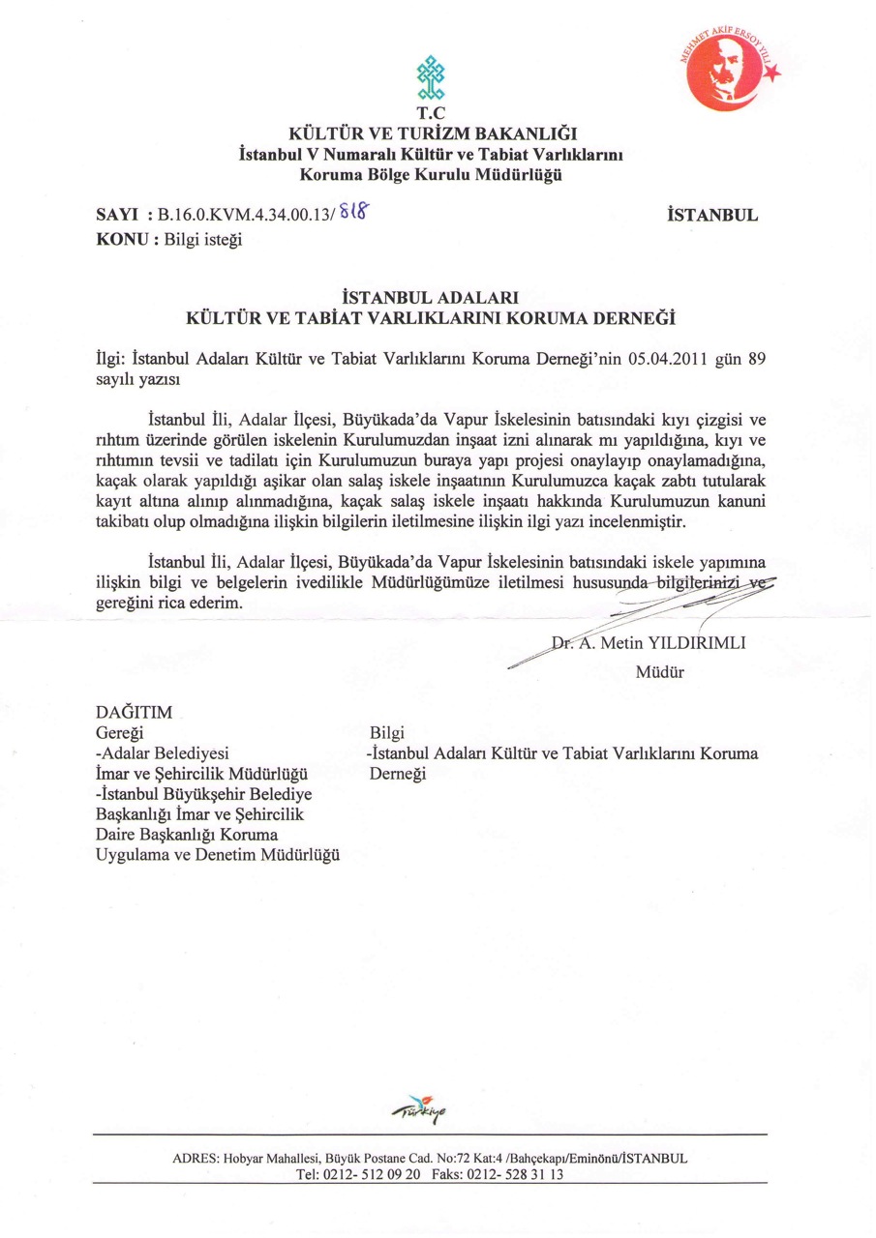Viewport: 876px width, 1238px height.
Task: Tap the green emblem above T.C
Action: [x=429, y=77]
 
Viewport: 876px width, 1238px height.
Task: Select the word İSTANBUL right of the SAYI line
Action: [x=712, y=217]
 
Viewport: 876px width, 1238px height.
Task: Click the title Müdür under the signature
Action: [x=659, y=672]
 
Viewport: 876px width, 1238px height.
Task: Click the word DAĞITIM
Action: [x=135, y=713]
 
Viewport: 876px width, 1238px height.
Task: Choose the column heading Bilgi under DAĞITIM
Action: [x=386, y=733]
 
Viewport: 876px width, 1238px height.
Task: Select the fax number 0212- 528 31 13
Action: [x=512, y=1175]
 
